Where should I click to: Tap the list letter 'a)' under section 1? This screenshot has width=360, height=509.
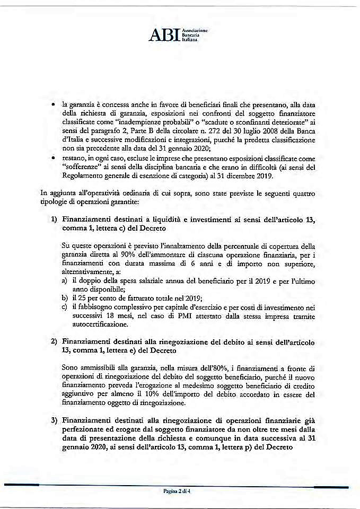pyautogui.click(x=64, y=279)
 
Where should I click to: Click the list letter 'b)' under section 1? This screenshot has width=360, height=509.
pyautogui.click(x=64, y=299)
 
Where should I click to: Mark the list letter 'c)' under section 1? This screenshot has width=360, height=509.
pyautogui.click(x=64, y=307)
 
